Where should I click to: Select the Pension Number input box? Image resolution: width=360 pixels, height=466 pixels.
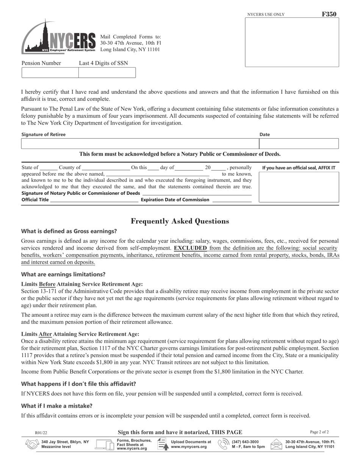click(50, 73)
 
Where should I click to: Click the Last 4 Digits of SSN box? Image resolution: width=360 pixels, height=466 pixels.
click(107, 73)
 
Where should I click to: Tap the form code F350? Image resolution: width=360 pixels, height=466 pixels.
click(329, 14)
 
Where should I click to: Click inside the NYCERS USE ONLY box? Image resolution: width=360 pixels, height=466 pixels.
click(292, 42)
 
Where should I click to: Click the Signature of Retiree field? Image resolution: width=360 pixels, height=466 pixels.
click(140, 144)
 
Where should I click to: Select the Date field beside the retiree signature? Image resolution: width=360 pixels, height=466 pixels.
click(299, 144)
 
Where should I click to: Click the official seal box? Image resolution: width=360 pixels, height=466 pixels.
click(299, 187)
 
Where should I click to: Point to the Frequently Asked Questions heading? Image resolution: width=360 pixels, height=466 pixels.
click(180, 221)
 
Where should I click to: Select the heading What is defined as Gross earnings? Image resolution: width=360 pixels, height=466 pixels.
click(69, 231)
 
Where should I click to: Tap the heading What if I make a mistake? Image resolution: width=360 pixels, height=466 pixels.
click(57, 406)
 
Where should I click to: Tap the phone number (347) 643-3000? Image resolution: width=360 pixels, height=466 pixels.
click(245, 442)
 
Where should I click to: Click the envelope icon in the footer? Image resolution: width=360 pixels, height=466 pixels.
click(276, 444)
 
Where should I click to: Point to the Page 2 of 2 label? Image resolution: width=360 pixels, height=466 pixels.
click(319, 432)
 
